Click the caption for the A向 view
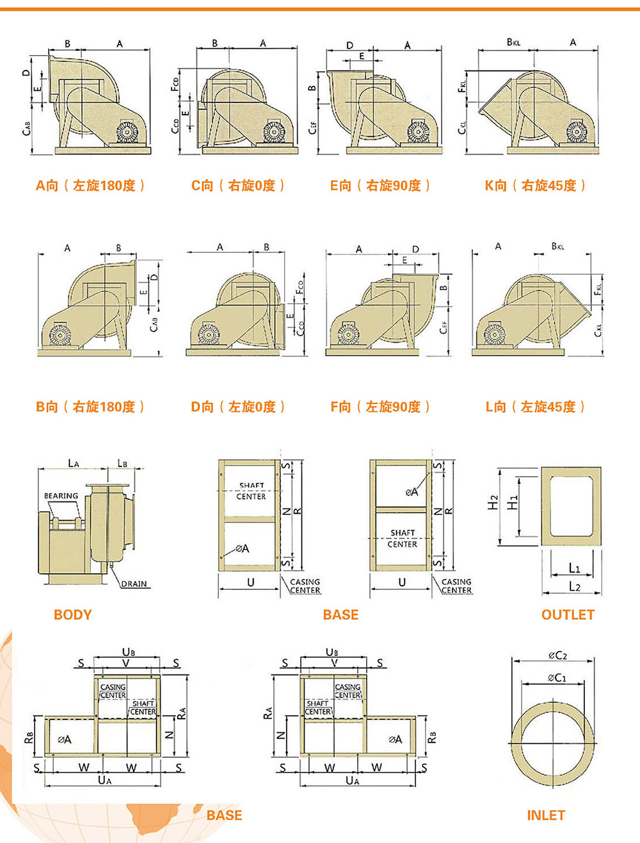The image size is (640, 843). point(90,186)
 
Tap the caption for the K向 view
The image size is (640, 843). point(535,186)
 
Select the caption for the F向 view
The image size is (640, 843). point(381,407)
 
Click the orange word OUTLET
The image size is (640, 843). point(568,615)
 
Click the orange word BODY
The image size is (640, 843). point(72,615)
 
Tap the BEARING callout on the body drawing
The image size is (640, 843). point(61,496)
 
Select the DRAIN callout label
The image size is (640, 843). point(134,584)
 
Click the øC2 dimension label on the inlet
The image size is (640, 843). point(557,655)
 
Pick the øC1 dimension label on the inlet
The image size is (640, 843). point(557,678)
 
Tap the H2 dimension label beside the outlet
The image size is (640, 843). point(493,503)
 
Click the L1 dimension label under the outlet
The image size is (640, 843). point(574,568)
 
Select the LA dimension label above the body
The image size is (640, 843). point(74,463)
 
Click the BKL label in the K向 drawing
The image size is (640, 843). point(513,42)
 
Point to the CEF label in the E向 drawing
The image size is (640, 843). point(313,128)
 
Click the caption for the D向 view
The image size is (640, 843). point(238,407)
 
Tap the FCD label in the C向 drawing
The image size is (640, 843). point(175,85)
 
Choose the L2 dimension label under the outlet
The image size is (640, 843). point(575,587)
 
